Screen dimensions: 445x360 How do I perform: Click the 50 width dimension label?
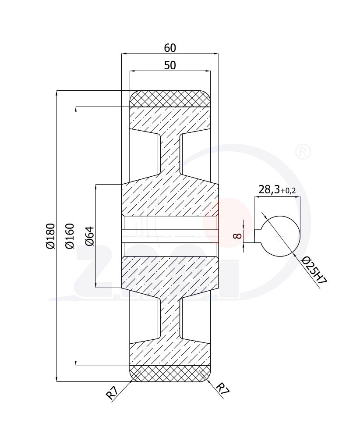coord(170,65)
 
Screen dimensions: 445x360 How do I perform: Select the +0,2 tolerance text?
coord(288,191)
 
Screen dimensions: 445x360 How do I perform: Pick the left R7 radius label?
coord(112,393)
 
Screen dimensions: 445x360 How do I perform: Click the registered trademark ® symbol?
coord(303,152)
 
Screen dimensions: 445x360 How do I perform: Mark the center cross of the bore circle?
coord(280,236)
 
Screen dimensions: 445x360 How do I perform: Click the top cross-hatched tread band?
coord(170,99)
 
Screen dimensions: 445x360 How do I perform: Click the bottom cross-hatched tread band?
coord(170,374)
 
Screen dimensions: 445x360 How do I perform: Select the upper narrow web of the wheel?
coord(170,153)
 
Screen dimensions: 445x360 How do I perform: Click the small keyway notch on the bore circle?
coord(258,236)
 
